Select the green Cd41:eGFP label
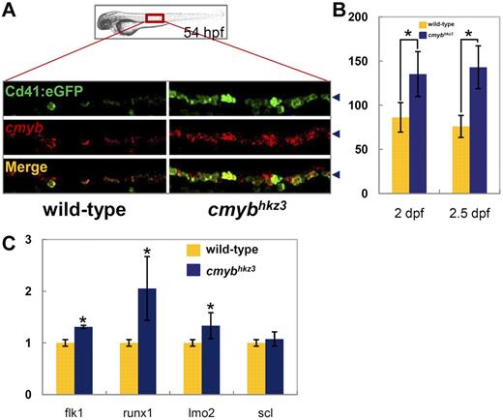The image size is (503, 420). (x=45, y=91)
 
